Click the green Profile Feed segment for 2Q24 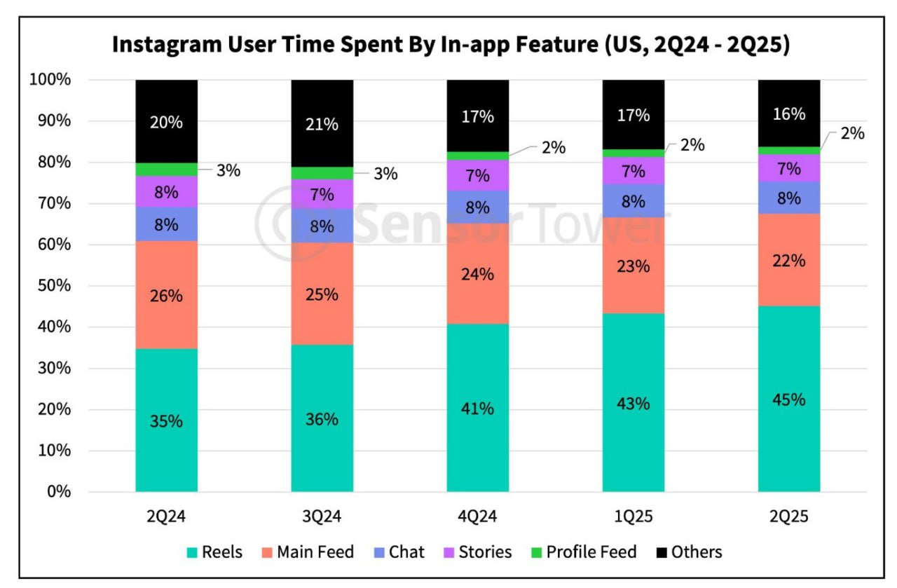166,169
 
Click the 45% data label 788,399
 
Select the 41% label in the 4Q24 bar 478,409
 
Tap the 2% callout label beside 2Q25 852,133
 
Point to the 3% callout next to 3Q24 385,174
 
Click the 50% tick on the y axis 50,286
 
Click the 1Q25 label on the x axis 634,517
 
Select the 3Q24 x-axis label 322,517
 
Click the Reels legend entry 214,552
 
